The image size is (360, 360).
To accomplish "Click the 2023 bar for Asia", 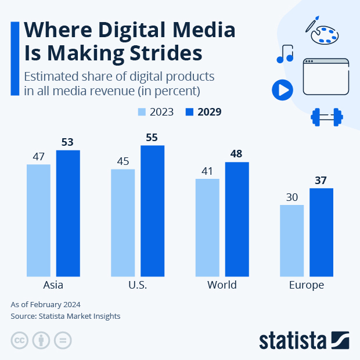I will pyautogui.click(x=38, y=220).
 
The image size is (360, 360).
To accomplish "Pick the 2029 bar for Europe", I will pyautogui.click(x=321, y=232).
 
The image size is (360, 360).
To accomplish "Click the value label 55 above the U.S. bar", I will pyautogui.click(x=153, y=138).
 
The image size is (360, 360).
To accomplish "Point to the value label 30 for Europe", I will pyautogui.click(x=291, y=197).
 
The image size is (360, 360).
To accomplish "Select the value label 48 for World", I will pyautogui.click(x=237, y=154).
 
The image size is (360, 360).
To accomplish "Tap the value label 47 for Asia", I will pyautogui.click(x=38, y=157).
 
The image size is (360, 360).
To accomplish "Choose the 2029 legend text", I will pyautogui.click(x=209, y=112).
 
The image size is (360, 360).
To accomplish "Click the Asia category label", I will pyautogui.click(x=53, y=285).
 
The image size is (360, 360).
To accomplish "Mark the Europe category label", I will pyautogui.click(x=306, y=285).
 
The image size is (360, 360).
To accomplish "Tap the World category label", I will pyautogui.click(x=222, y=285).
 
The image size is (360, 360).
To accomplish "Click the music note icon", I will pyautogui.click(x=285, y=54).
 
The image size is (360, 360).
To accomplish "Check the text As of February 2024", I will pyautogui.click(x=45, y=304).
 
